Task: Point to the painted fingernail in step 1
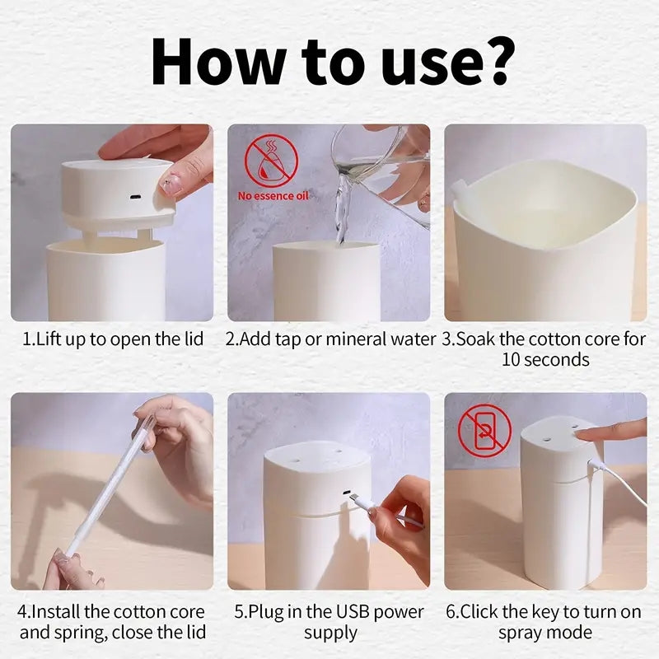point(171,185)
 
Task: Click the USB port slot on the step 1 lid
point(133,198)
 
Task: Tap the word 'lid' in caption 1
point(191,339)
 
